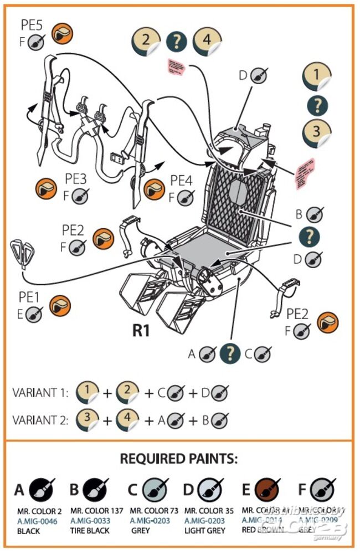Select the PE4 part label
(x=181, y=180)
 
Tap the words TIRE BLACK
(x=90, y=530)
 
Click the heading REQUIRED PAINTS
(x=179, y=459)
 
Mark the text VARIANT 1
(x=40, y=393)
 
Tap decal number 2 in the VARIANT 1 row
(x=129, y=393)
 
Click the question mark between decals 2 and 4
(x=176, y=42)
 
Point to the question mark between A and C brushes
(x=230, y=353)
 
